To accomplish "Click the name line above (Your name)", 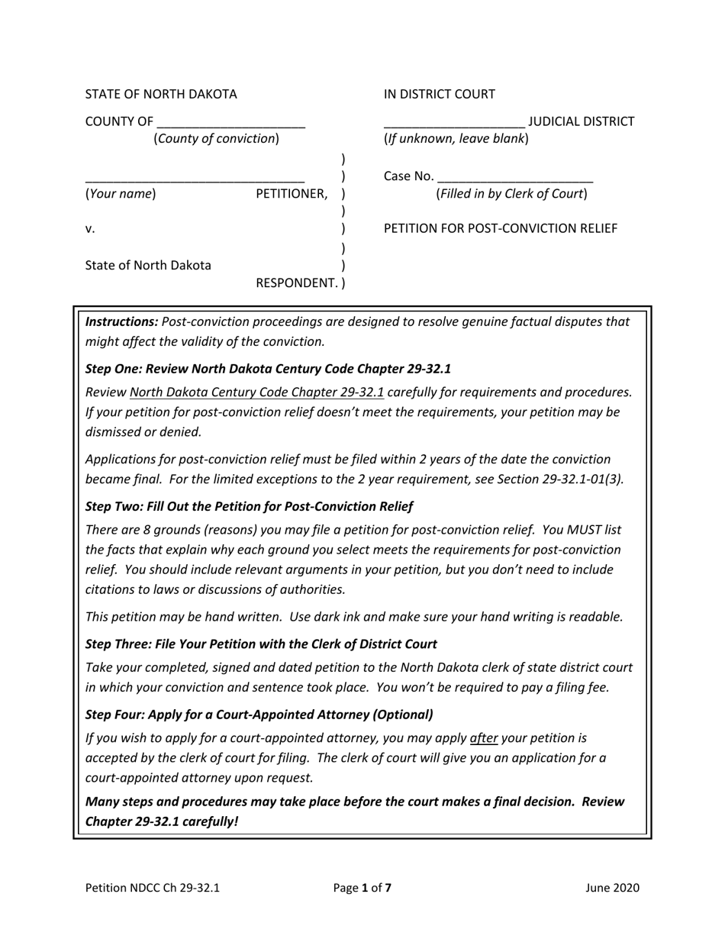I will point(195,178).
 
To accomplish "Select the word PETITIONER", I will point(291,194).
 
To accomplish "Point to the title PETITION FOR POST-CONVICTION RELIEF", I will point(501,229).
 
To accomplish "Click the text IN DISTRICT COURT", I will point(440,95).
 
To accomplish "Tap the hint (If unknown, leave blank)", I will point(456,139).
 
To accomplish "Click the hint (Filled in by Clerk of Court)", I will point(512,194).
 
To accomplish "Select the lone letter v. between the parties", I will point(90,229).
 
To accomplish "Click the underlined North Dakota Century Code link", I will point(257,392).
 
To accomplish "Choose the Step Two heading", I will point(250,506).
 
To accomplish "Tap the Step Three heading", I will point(261,644).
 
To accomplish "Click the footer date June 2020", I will point(613,888).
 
